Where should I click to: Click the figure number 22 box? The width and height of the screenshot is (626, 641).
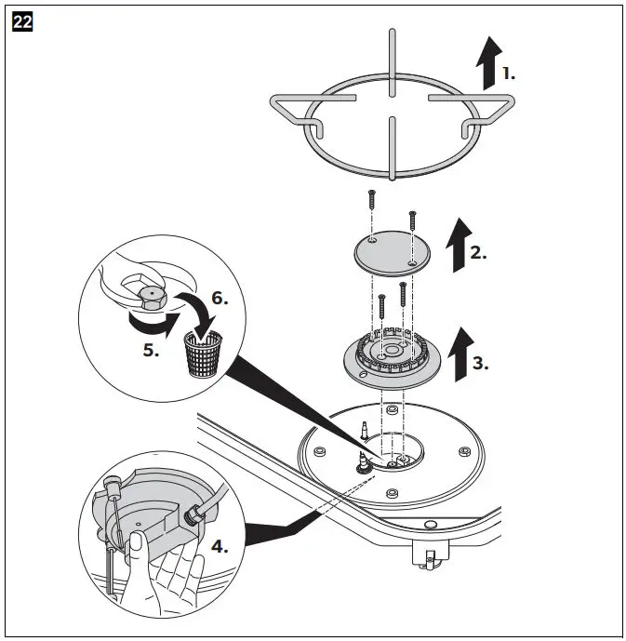[x=22, y=23]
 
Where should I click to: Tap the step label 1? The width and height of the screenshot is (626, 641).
[x=508, y=73]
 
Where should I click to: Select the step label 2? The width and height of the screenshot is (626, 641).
[x=477, y=252]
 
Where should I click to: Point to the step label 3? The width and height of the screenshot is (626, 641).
[x=480, y=363]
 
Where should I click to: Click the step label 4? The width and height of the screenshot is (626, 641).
[x=220, y=546]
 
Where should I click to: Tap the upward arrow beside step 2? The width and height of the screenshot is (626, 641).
[x=456, y=246]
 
